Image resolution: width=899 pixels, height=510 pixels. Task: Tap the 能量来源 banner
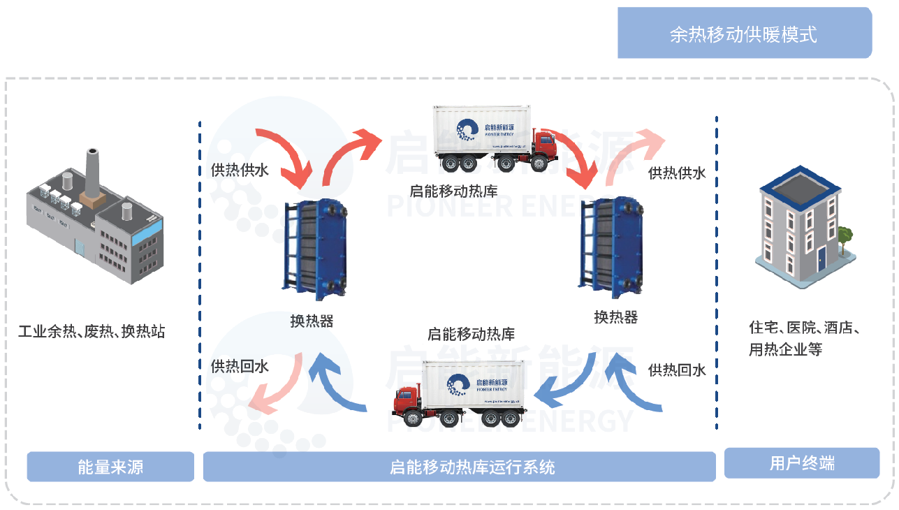[110, 467]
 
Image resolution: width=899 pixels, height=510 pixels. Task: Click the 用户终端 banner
[801, 463]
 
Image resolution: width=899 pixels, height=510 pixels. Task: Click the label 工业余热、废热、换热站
[92, 331]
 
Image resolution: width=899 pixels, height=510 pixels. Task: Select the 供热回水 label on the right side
[677, 370]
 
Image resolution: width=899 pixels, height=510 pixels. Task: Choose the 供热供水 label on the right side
[677, 173]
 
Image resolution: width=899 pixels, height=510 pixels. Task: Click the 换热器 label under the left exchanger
[312, 321]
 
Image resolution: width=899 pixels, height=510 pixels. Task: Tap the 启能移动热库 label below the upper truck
[453, 190]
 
